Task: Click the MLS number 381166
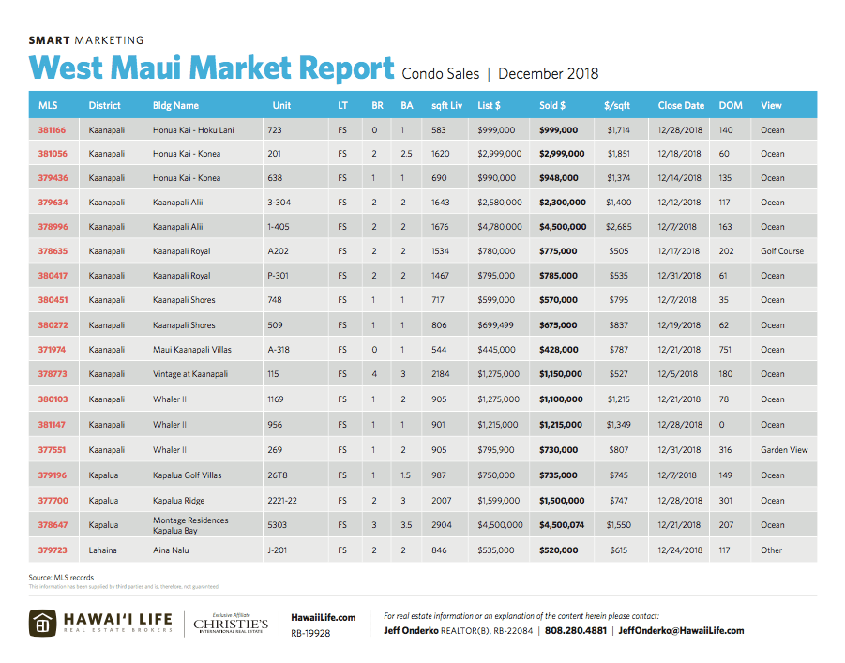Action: coord(53,129)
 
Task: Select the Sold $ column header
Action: coord(552,105)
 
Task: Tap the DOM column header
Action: coord(730,105)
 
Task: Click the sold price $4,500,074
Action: coord(562,525)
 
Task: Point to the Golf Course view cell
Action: coord(782,251)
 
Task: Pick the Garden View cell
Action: coord(784,450)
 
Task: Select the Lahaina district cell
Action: coord(104,550)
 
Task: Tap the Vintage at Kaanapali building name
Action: coord(190,374)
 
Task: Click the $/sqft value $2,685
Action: coord(618,227)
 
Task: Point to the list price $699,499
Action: coord(496,325)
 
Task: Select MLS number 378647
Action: coord(53,525)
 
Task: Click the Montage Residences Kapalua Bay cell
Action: coord(190,525)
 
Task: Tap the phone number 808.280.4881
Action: coord(576,630)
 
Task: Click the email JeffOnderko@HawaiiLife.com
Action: coord(682,630)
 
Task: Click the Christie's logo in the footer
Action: coord(231,624)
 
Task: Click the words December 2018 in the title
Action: coord(549,73)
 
